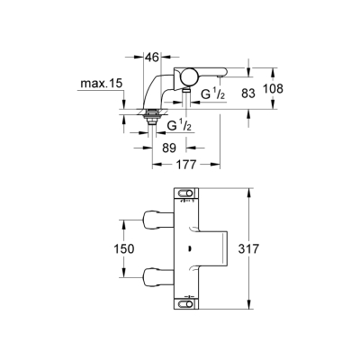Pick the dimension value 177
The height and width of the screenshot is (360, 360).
point(185,165)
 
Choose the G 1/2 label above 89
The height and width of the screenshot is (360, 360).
point(177,126)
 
